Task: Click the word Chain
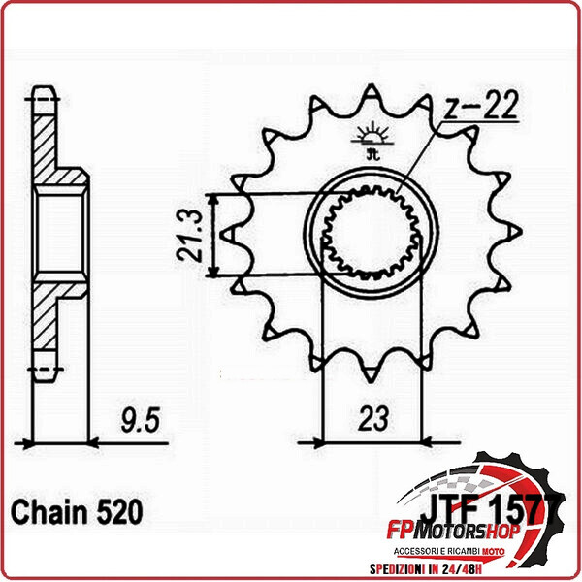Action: click(45, 510)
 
